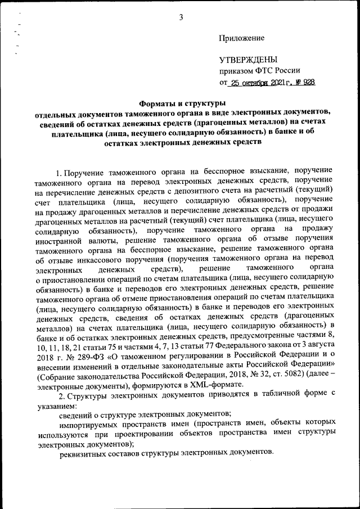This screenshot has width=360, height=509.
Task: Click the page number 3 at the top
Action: [x=181, y=17]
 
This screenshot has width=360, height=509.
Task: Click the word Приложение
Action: [x=241, y=38]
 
